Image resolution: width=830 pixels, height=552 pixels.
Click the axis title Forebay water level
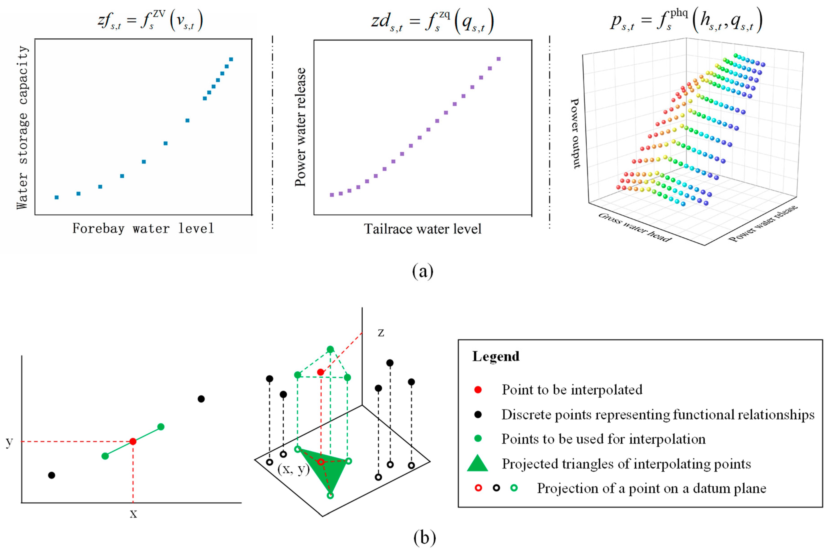tap(143, 228)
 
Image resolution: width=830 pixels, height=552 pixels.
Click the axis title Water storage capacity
tap(22, 127)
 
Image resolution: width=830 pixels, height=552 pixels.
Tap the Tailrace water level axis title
tap(422, 229)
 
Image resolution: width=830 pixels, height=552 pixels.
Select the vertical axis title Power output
tap(575, 133)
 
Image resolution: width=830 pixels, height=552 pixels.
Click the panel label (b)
tap(424, 537)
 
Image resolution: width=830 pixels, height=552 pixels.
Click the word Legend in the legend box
tap(495, 356)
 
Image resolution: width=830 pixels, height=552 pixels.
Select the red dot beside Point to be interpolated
tap(478, 390)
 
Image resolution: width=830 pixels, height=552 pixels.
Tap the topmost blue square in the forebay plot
tap(231, 59)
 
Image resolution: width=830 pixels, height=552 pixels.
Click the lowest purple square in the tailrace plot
tap(332, 195)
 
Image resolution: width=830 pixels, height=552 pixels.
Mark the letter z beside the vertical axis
tap(381, 333)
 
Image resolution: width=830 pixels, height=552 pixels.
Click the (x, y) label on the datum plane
tap(293, 469)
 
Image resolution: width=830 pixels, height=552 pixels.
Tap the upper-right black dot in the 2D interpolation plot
tap(201, 399)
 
